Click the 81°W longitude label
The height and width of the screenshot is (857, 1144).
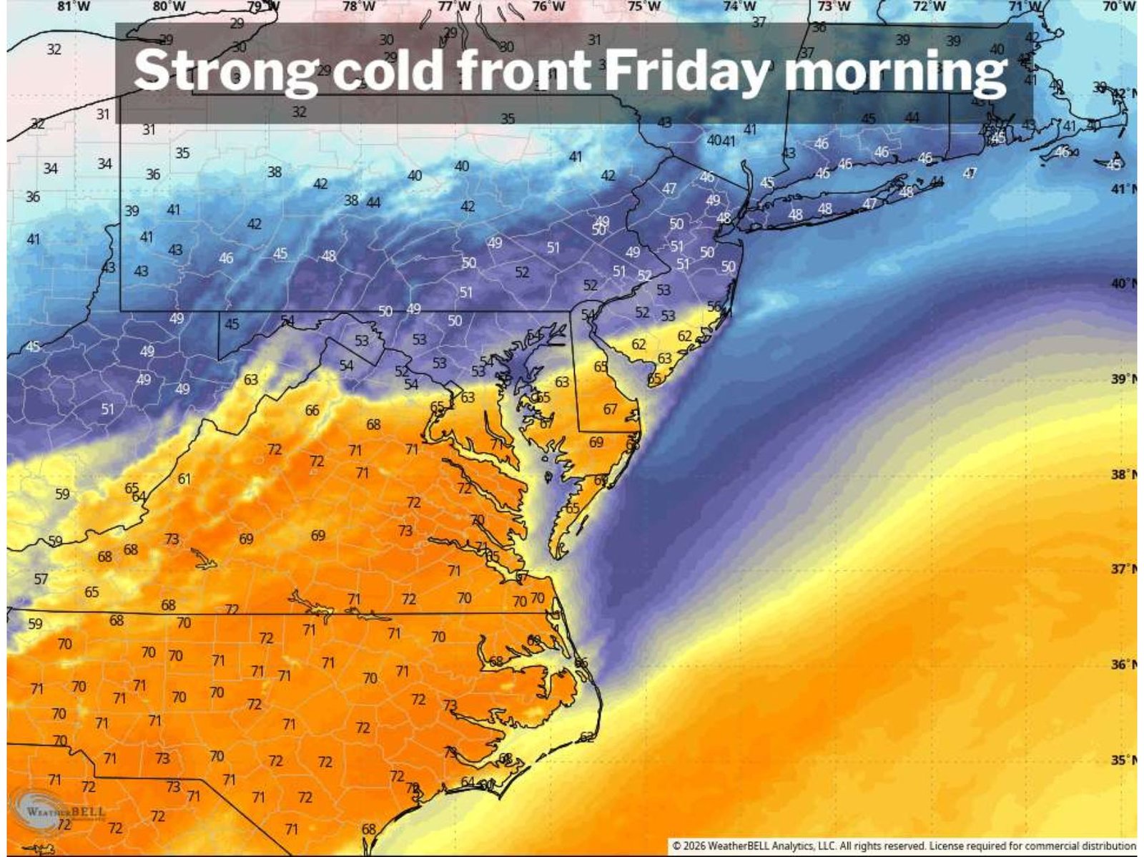(74, 6)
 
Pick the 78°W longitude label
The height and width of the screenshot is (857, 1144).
(359, 6)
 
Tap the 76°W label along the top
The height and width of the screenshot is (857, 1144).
(549, 6)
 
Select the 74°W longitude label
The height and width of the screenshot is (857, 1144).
(739, 6)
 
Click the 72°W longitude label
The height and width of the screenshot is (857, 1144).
(929, 6)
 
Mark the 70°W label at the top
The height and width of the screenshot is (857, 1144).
(1118, 6)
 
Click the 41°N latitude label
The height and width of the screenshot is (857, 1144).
(1123, 189)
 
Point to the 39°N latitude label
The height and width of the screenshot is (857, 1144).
(1123, 379)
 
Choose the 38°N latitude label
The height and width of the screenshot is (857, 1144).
(1123, 474)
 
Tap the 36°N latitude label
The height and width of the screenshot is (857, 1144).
(1123, 665)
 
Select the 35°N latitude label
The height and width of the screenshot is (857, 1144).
(1123, 760)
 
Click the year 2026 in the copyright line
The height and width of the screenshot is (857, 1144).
(694, 846)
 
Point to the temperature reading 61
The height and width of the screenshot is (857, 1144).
(184, 479)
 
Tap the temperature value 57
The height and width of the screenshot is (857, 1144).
(41, 579)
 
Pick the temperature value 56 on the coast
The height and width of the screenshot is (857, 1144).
(714, 306)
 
